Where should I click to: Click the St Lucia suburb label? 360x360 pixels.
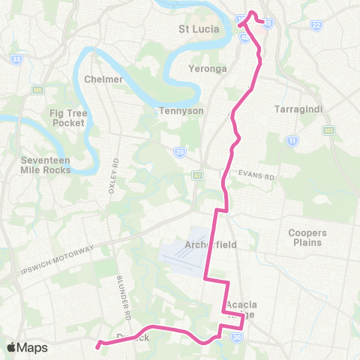coord(199,29)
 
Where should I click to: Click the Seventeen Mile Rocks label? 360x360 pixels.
coord(46,165)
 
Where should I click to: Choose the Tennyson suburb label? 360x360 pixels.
coord(177,111)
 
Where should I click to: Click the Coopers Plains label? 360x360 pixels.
coord(310,237)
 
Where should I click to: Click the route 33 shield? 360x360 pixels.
coord(16,58)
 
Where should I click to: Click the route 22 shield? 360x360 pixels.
coord(316,25)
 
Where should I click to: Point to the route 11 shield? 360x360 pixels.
coord(291,139)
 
